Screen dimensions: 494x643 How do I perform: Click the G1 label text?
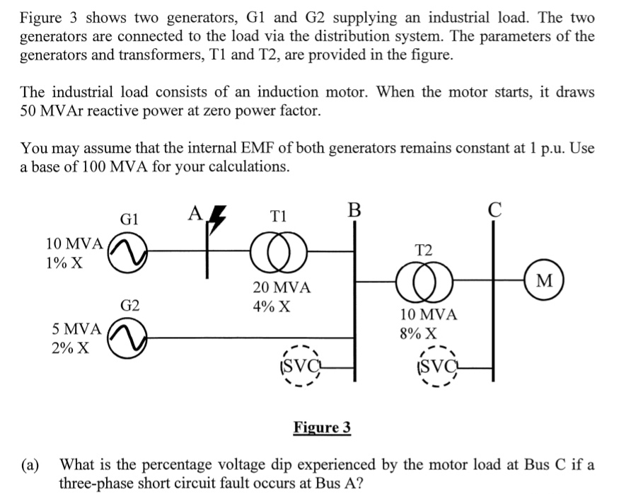pyautogui.click(x=129, y=219)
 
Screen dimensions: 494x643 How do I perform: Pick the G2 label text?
pyautogui.click(x=129, y=306)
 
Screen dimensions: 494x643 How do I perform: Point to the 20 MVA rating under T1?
pyautogui.click(x=281, y=288)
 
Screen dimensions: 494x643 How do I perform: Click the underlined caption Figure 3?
pyautogui.click(x=322, y=427)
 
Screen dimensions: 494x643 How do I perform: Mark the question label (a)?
pyautogui.click(x=30, y=465)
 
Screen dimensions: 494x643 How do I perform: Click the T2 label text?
pyautogui.click(x=424, y=248)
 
